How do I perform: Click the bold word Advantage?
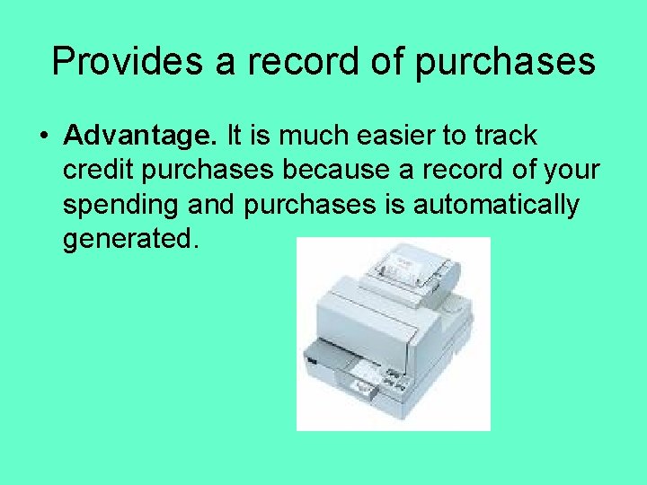coord(141,137)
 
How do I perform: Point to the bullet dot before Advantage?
coord(43,137)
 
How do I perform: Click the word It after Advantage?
coord(235,137)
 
